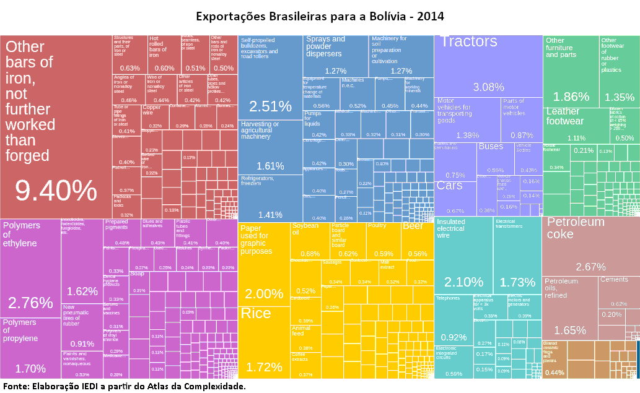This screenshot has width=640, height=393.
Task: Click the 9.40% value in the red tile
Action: [56, 191]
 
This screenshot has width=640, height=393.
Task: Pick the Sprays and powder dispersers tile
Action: [335, 56]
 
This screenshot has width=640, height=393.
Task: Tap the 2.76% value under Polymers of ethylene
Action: [30, 303]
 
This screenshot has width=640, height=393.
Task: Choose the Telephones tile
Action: [454, 318]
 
